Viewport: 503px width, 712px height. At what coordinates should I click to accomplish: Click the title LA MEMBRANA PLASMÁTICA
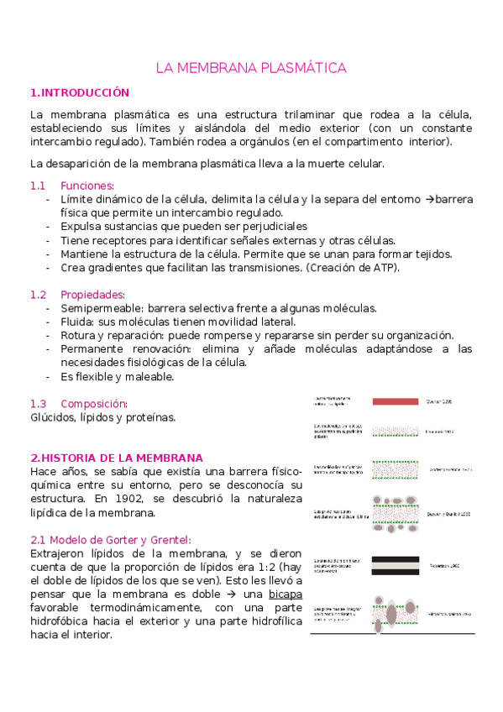(251, 68)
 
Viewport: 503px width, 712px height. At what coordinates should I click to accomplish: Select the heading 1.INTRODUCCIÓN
(80, 92)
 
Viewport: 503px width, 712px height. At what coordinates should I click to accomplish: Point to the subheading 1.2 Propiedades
(77, 295)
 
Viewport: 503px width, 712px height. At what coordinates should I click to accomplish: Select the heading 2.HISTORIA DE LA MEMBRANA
(116, 458)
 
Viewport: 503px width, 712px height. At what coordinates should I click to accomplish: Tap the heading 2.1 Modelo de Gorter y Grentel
(111, 539)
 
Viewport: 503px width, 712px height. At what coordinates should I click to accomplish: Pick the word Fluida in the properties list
(78, 322)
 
